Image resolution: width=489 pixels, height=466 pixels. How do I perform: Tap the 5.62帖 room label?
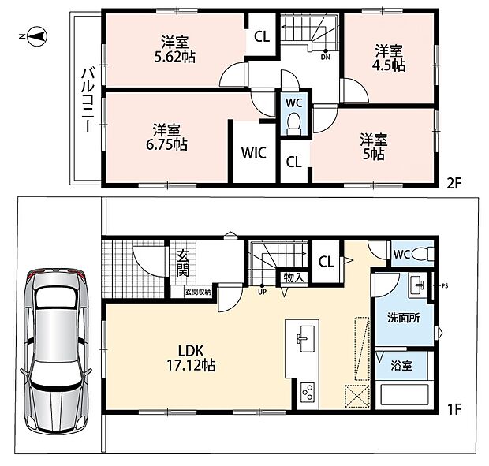pyautogui.click(x=175, y=49)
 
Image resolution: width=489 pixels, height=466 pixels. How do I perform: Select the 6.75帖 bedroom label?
pyautogui.click(x=167, y=137)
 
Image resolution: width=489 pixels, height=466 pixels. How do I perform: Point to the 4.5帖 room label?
pyautogui.click(x=389, y=58)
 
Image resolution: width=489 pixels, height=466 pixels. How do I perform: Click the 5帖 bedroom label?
pyautogui.click(x=374, y=147)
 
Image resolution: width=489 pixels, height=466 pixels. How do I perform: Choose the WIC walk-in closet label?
pyautogui.click(x=253, y=153)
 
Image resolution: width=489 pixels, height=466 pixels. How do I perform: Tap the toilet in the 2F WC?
pyautogui.click(x=293, y=123)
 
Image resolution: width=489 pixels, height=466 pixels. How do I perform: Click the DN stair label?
pyautogui.click(x=325, y=58)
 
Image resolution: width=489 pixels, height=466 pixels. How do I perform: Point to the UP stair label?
pyautogui.click(x=263, y=293)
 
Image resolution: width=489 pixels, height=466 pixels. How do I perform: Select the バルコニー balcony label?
pyautogui.click(x=88, y=100)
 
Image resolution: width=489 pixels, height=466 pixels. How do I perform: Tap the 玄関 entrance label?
pyautogui.click(x=182, y=263)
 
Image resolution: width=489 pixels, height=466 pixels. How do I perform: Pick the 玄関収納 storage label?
pyautogui.click(x=198, y=293)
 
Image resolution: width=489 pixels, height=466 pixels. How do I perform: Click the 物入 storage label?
pyautogui.click(x=292, y=278)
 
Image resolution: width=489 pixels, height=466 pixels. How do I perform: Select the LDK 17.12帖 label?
pyautogui.click(x=191, y=358)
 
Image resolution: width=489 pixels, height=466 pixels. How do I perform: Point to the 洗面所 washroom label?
pyautogui.click(x=404, y=318)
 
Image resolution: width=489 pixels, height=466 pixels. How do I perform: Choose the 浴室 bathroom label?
pyautogui.click(x=401, y=365)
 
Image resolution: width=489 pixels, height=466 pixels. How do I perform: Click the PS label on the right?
pyautogui.click(x=445, y=285)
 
